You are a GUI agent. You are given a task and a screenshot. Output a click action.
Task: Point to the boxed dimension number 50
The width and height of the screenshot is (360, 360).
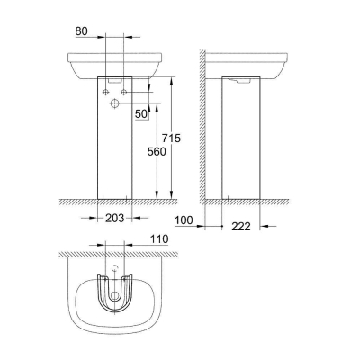pyautogui.click(x=140, y=114)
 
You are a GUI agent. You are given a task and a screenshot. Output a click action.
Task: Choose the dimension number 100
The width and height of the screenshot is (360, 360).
pyautogui.click(x=183, y=219)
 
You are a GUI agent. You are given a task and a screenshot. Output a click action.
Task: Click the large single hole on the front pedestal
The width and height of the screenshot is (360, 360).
pyautogui.click(x=114, y=105)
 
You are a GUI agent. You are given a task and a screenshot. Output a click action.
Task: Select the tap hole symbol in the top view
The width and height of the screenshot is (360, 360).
pyautogui.click(x=114, y=271)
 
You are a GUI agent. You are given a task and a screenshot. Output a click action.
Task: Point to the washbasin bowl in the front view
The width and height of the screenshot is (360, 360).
pyautogui.click(x=115, y=65)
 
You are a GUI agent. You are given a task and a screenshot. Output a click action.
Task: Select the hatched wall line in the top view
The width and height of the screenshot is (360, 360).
pyautogui.click(x=115, y=255)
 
